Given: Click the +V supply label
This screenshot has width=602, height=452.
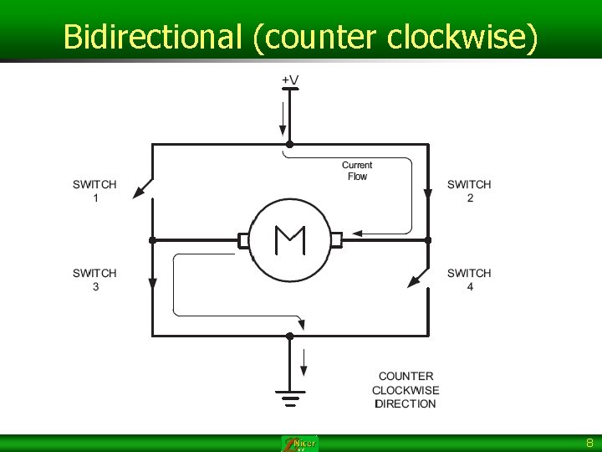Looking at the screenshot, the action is pyautogui.click(x=289, y=80).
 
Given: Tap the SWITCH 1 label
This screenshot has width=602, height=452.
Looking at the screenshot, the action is pyautogui.click(x=94, y=191).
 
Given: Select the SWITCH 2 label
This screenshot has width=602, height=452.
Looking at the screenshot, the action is pyautogui.click(x=469, y=191).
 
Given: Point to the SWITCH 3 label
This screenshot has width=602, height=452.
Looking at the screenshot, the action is pyautogui.click(x=94, y=280).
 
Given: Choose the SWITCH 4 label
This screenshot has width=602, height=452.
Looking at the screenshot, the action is pyautogui.click(x=469, y=280).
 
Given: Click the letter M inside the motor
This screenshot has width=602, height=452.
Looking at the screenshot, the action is pyautogui.click(x=290, y=240).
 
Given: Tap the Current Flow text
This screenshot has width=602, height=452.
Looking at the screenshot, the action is pyautogui.click(x=357, y=171).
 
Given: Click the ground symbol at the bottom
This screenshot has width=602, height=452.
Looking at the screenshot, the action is pyautogui.click(x=289, y=397).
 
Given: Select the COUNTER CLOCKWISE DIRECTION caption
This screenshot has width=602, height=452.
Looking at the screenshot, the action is pyautogui.click(x=406, y=390).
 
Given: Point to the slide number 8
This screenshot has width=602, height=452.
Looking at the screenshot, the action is pyautogui.click(x=589, y=443).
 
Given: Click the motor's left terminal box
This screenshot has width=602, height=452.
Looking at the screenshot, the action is pyautogui.click(x=243, y=240).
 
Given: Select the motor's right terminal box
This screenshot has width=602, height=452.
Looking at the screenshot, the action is pyautogui.click(x=336, y=240).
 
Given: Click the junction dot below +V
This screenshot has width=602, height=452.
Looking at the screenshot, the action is pyautogui.click(x=289, y=144).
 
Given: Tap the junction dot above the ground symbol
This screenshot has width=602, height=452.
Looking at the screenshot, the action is pyautogui.click(x=289, y=336).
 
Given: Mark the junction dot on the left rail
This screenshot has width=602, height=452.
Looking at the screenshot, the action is pyautogui.click(x=152, y=240).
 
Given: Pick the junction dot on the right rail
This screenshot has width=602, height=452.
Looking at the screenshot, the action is pyautogui.click(x=427, y=240).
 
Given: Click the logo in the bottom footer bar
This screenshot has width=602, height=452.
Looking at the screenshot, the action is pyautogui.click(x=300, y=444).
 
